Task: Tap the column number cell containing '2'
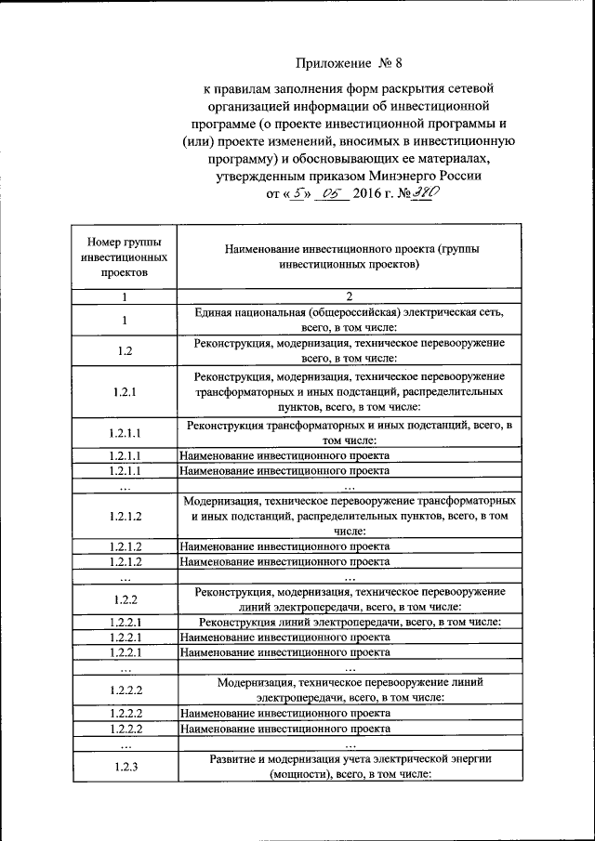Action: [x=349, y=297]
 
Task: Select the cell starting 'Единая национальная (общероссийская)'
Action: [x=349, y=320]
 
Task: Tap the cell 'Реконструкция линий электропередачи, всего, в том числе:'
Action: [x=349, y=622]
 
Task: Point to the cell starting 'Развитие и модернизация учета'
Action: [x=349, y=767]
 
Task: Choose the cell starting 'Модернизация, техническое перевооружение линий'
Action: [x=349, y=689]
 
